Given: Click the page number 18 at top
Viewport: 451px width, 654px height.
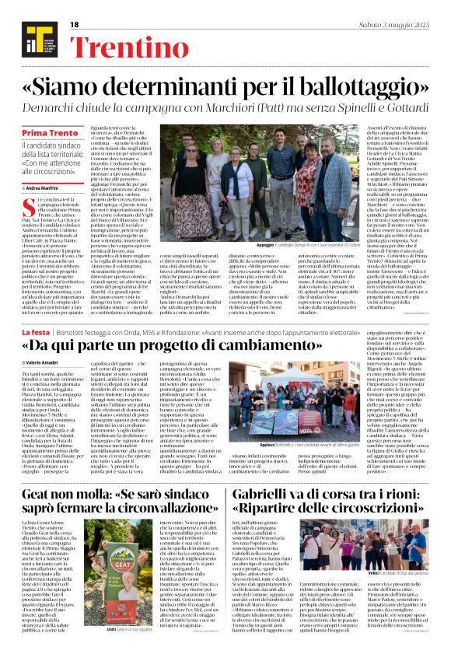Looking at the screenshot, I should [x=75, y=24].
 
